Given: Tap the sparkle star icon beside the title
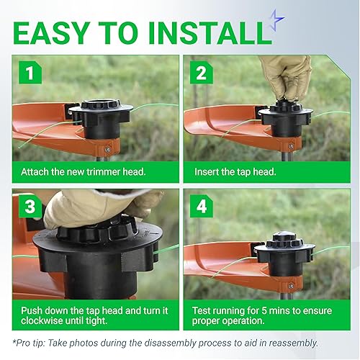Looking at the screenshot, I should pyautogui.click(x=275, y=20).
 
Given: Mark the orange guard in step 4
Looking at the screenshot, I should pyautogui.click(x=216, y=259).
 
